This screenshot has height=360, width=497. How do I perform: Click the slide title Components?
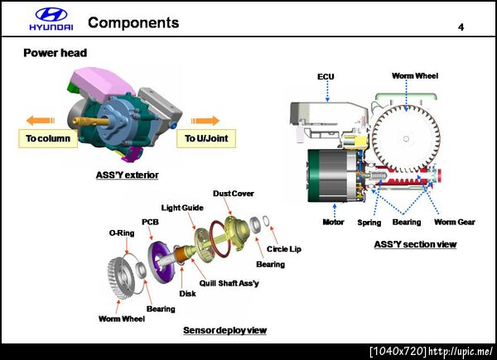[x=133, y=23]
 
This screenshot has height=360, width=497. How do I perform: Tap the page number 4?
[x=461, y=28]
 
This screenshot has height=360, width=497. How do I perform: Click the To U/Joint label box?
[x=206, y=138]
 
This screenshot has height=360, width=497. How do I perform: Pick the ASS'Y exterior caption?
[x=128, y=175]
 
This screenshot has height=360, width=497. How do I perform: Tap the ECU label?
[x=326, y=76]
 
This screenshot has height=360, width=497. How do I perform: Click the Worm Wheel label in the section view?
[x=415, y=76]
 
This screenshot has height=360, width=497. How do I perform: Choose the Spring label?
[x=369, y=222]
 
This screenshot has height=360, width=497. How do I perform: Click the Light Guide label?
[x=182, y=207]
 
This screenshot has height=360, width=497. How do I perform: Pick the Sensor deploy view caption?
[x=224, y=330]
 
